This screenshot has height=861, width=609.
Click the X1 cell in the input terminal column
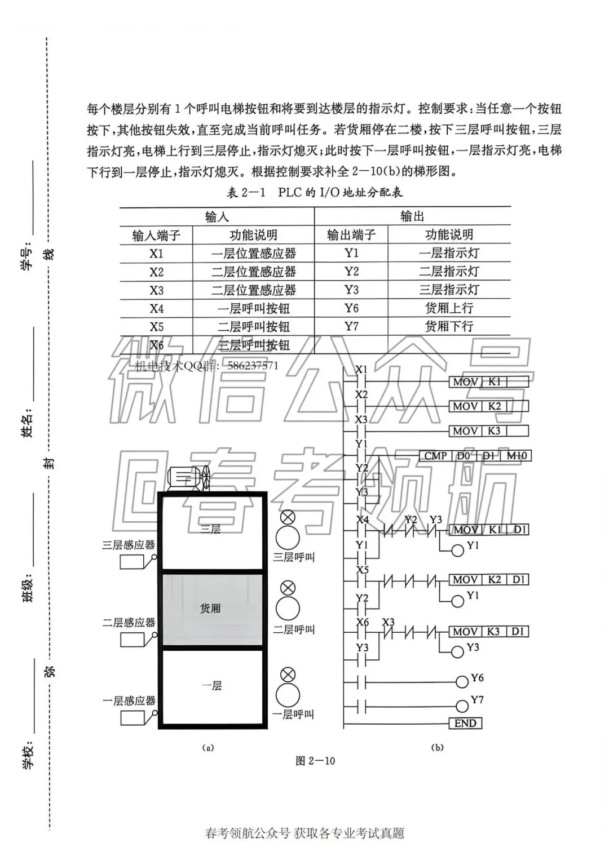(156, 254)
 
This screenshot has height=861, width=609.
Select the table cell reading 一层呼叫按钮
(253, 308)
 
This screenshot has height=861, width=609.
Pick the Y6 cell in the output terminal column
(351, 308)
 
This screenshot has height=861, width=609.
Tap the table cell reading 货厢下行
(449, 326)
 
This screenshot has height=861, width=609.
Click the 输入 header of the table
(217, 217)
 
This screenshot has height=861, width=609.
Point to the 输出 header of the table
(412, 216)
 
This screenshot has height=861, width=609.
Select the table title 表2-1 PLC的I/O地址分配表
(315, 193)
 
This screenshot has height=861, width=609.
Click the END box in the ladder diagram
(465, 723)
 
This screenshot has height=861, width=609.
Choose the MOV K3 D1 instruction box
(488, 632)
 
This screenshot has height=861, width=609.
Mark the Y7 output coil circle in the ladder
(462, 705)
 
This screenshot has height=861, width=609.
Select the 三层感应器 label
(128, 545)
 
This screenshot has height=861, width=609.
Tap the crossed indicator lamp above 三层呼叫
(288, 517)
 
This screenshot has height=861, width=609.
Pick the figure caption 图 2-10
(315, 761)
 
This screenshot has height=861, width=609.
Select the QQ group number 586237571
(253, 365)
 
